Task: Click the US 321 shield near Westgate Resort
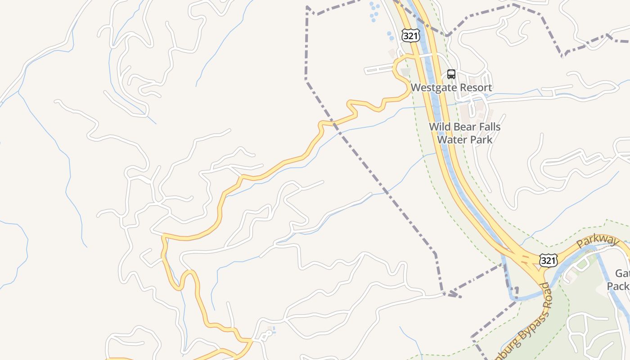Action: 411,36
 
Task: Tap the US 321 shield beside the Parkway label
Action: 549,260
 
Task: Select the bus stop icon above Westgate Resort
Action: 451,74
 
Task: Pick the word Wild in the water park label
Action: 439,127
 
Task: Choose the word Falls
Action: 488,127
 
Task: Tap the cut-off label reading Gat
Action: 623,273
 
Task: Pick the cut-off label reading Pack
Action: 618,286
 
